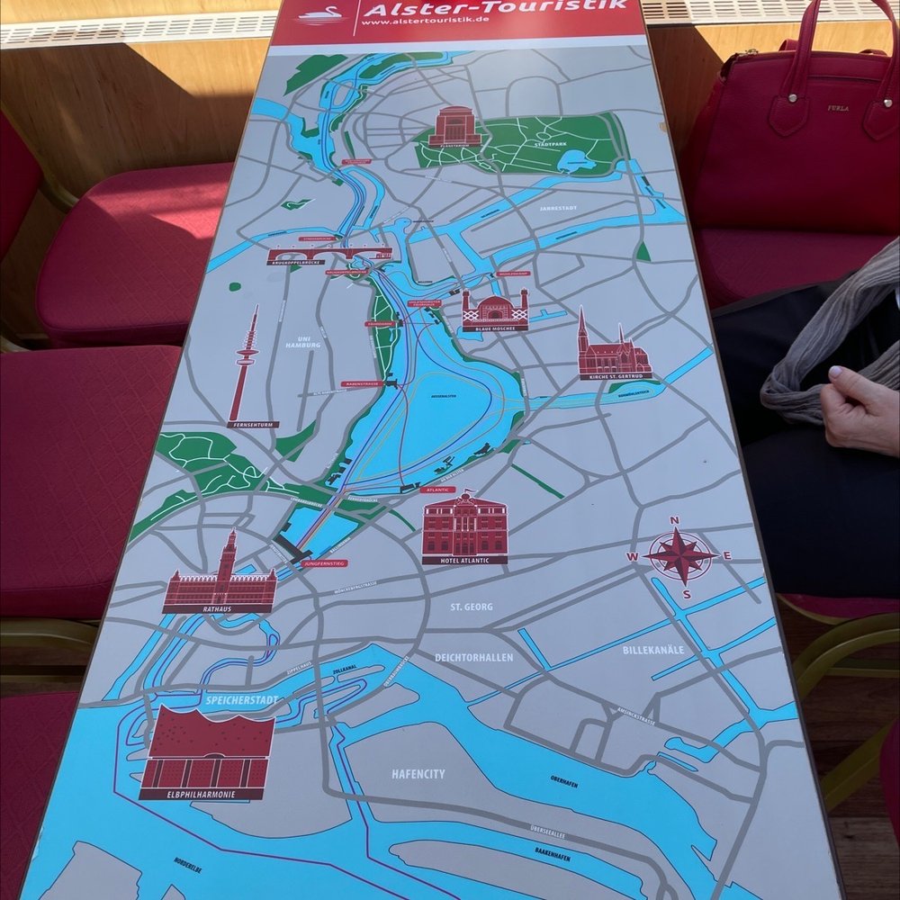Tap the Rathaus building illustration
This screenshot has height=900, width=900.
click(220, 580)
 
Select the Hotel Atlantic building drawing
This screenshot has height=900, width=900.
click(464, 526)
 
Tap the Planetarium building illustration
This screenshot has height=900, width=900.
click(450, 126)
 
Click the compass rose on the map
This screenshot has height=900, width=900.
click(681, 555)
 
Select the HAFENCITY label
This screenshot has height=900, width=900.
click(418, 774)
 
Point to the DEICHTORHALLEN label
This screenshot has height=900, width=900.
click(473, 658)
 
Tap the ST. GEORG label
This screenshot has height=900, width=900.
click(472, 607)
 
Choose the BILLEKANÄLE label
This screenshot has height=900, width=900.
click(653, 650)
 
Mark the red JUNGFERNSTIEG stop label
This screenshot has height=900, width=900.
click(324, 562)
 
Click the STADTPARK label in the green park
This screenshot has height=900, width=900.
click(551, 144)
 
